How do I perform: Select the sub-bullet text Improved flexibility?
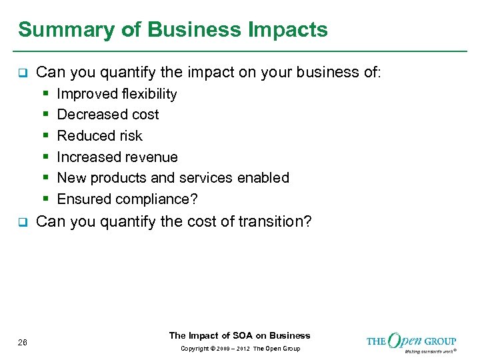tap(117, 94)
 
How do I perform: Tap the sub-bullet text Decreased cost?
tap(108, 115)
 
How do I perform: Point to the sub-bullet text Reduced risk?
tap(99, 136)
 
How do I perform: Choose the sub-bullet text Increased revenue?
tap(117, 157)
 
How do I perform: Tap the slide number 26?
tap(23, 343)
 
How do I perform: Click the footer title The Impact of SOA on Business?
tap(239, 335)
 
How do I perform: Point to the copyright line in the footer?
tap(239, 349)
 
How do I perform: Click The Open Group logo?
tap(411, 342)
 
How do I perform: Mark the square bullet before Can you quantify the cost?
tap(21, 222)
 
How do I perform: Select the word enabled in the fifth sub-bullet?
tap(265, 178)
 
